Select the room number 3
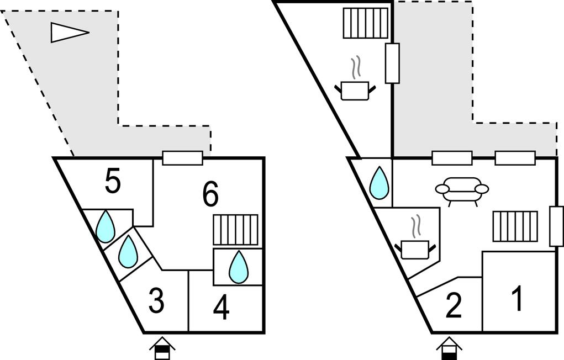coord(156,302)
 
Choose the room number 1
coord(517,300)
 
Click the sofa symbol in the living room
coord(462,189)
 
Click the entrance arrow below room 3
coord(162,348)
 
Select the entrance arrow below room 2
coord(449,348)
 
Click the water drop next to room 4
coord(239,267)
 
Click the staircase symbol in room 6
coord(236,230)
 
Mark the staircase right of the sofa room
coord(515,226)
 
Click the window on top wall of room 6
coord(182,158)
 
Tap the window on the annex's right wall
coord(392,63)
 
